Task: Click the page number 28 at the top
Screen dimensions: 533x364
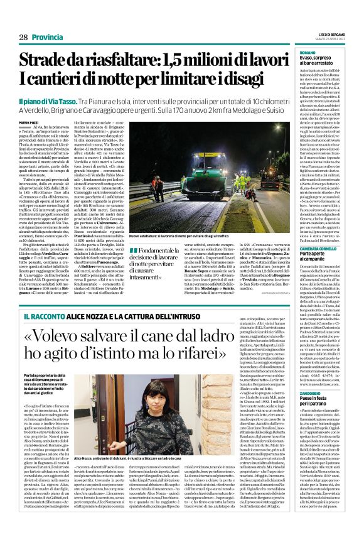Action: (23, 37)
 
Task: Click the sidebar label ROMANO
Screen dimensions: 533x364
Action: (308, 52)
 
